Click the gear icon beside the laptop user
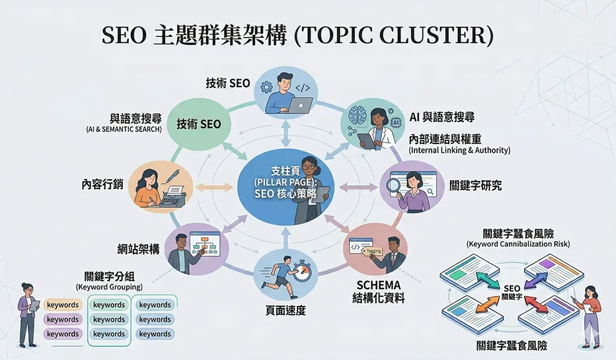(268, 87)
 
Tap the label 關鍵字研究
(475, 186)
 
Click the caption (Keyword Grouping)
(109, 287)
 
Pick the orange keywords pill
(63, 305)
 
